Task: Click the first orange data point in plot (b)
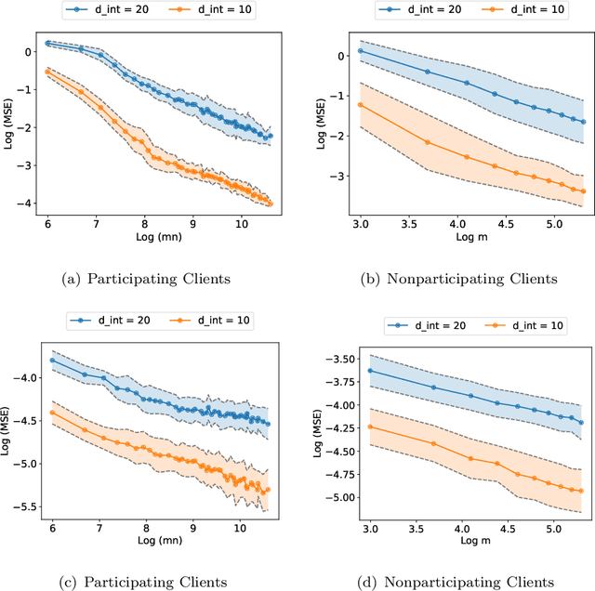coord(360,105)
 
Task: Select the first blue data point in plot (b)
coord(360,50)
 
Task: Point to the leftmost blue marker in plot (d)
coord(370,371)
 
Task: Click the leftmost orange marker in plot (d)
coord(370,427)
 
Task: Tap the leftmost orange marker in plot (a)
coord(47,72)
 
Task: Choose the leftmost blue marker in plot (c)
coord(52,360)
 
